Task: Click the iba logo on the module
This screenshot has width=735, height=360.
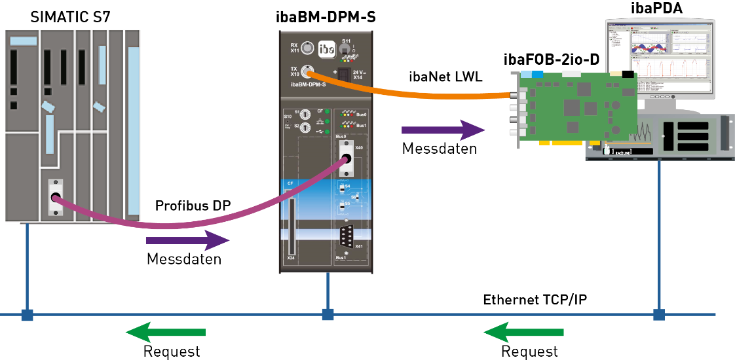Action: click(x=326, y=49)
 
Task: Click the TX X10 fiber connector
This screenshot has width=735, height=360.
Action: click(x=307, y=71)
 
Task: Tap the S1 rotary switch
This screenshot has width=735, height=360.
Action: click(x=305, y=113)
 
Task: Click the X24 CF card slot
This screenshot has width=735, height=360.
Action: click(x=292, y=226)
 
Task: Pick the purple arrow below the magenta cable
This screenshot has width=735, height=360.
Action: click(x=187, y=240)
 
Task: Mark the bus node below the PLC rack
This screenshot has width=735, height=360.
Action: click(x=27, y=315)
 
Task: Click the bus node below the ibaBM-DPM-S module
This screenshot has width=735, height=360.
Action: click(x=328, y=315)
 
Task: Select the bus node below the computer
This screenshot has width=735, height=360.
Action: click(x=659, y=315)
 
